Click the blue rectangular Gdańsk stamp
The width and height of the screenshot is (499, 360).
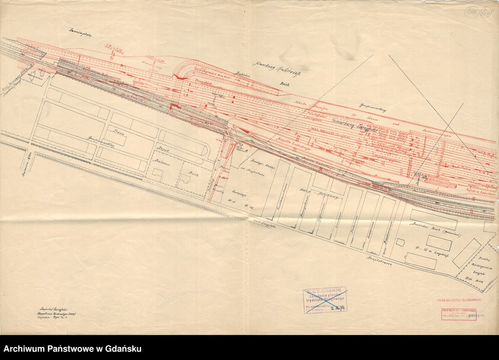click(x=324, y=299)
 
